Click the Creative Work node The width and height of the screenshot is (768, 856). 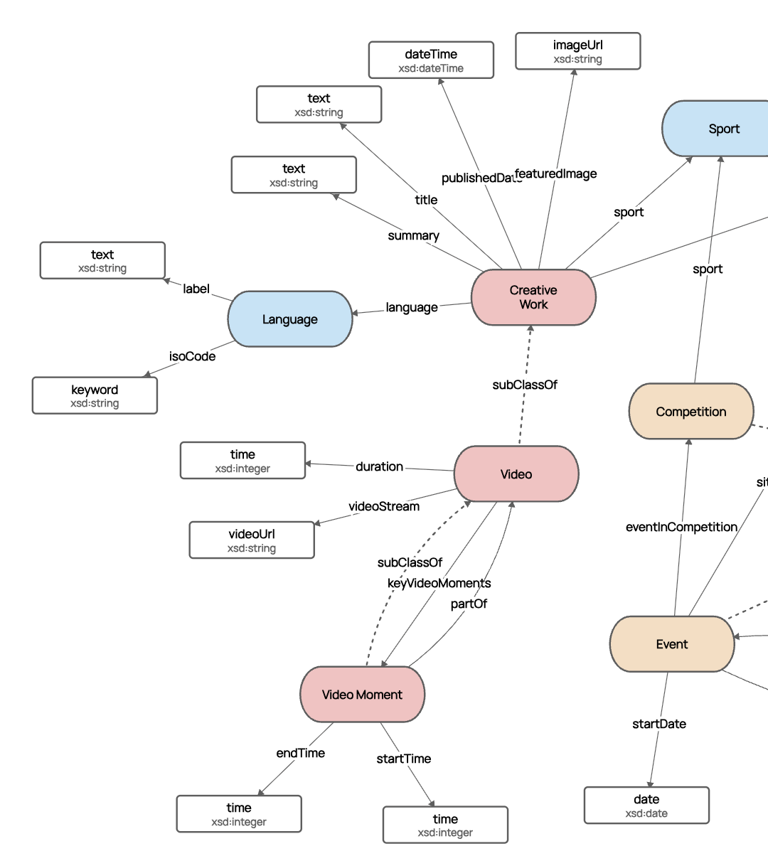tap(533, 297)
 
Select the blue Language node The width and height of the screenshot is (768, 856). tap(290, 319)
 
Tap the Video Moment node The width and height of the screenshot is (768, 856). tap(362, 695)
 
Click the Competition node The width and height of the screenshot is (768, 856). tap(690, 412)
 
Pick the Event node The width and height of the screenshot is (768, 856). tap(671, 644)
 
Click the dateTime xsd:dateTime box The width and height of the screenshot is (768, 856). tap(431, 60)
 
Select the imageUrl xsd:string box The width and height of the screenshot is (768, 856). tap(577, 52)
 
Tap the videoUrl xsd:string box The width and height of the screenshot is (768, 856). tap(252, 540)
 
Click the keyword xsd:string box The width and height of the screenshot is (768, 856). tap(95, 396)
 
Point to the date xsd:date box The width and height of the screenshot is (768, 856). tap(646, 806)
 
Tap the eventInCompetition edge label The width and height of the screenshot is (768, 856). tap(681, 527)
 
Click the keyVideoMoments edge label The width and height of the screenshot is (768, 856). tap(439, 583)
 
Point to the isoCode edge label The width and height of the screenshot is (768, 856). tap(192, 356)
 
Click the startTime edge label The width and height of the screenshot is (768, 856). tap(403, 759)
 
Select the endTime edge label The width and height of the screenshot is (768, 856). tap(300, 753)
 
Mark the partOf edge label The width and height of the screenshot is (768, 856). tap(469, 604)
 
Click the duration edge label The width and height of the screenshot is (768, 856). tap(379, 466)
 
